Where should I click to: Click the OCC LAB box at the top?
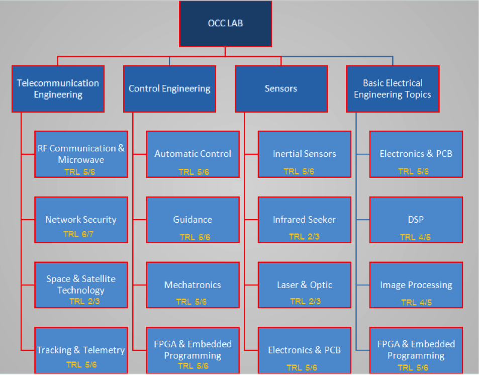tap(226, 23)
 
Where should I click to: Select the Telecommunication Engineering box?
tap(58, 88)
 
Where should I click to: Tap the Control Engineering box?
tap(169, 88)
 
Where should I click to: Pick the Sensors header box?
tap(281, 88)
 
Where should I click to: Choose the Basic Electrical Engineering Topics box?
tap(393, 88)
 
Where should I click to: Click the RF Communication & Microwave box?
tap(81, 154)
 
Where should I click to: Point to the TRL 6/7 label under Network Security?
tap(78, 234)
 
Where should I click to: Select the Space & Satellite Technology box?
tap(81, 285)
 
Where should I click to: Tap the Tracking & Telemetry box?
tap(81, 350)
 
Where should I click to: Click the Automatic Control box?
tap(193, 154)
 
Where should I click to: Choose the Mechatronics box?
tap(193, 285)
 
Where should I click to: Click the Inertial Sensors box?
tap(304, 154)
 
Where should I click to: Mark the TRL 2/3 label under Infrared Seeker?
tap(304, 236)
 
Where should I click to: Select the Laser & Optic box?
tap(304, 285)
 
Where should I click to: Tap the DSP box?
tap(416, 220)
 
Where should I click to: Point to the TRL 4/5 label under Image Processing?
tap(416, 302)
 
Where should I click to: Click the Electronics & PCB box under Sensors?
tap(304, 350)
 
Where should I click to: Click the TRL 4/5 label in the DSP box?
tap(415, 237)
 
